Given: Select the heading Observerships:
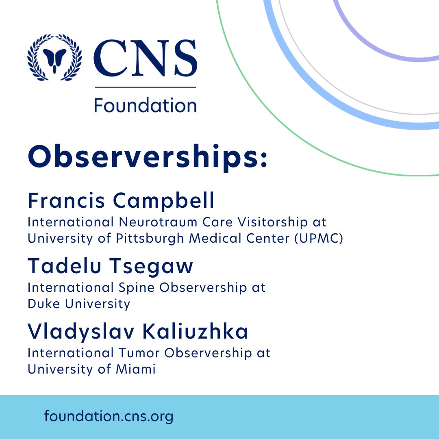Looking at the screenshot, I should [148, 159].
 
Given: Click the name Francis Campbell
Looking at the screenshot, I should [121, 201].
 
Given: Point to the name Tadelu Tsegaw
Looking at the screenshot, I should [110, 266].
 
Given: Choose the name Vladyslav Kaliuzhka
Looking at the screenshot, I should [138, 332].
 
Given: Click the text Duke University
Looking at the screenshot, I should [79, 304].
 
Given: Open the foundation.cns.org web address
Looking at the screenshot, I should [109, 416].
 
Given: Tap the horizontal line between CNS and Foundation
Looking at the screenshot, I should [145, 87].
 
